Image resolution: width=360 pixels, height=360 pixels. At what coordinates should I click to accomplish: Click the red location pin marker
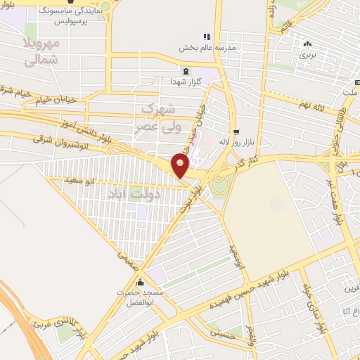tap(181, 166)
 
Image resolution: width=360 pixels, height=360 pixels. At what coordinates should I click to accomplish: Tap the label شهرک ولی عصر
tap(157, 117)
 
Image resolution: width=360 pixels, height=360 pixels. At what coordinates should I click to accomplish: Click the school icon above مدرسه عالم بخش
tap(206, 37)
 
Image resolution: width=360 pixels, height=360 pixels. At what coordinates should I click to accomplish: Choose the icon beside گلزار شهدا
tap(186, 71)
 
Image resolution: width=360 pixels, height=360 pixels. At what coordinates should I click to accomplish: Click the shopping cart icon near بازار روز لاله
tap(236, 131)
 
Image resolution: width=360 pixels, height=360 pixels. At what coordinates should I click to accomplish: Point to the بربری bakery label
tap(307, 53)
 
